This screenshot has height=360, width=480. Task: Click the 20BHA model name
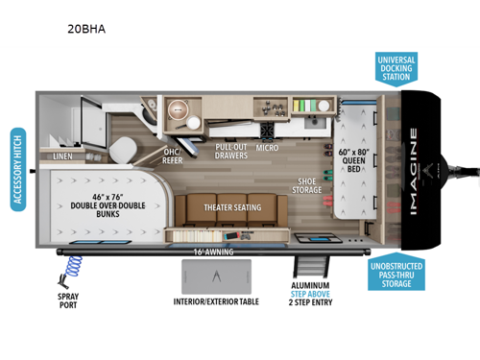[x=88, y=29]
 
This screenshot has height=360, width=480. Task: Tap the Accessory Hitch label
[x=16, y=168]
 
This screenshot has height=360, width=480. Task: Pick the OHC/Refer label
[x=174, y=156]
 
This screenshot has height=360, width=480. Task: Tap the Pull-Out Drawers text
[x=232, y=150]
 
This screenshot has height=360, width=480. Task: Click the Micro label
[x=267, y=150]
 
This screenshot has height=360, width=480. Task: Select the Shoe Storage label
[x=307, y=184]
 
